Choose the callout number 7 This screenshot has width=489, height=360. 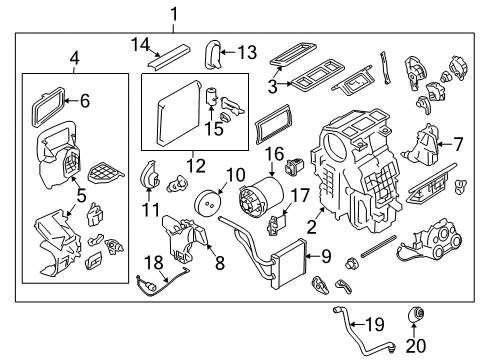pyautogui.click(x=457, y=144)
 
